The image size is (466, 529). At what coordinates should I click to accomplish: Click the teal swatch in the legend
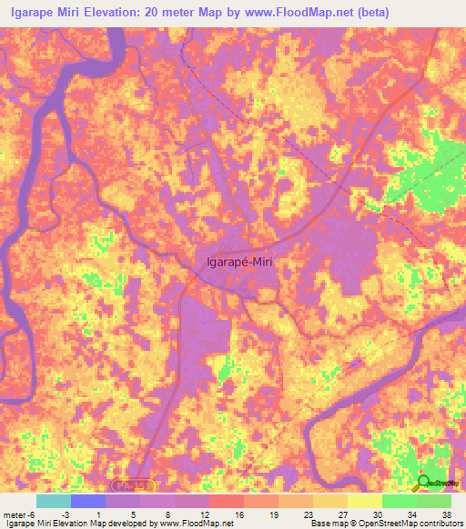pyautogui.click(x=54, y=501)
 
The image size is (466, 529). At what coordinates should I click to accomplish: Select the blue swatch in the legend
pyautogui.click(x=88, y=501)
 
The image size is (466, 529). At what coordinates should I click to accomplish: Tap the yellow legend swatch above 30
pyautogui.click(x=365, y=501)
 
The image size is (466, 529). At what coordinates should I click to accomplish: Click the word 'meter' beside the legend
pyautogui.click(x=15, y=514)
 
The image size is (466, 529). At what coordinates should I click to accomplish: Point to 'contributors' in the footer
pyautogui.click(x=441, y=524)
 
